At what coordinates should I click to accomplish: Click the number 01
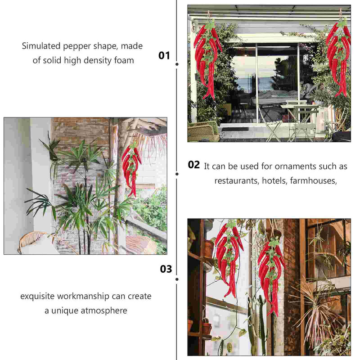[164, 55]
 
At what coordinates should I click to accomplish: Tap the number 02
[193, 165]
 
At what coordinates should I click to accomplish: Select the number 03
[166, 269]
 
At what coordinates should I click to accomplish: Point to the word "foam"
[124, 60]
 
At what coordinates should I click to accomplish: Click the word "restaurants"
[237, 181]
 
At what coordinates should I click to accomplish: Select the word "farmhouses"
[314, 181]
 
